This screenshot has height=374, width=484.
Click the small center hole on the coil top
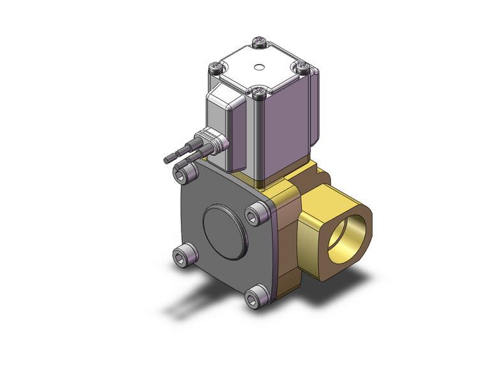click(259, 65)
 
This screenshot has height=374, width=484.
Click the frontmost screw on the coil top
click(258, 94)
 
